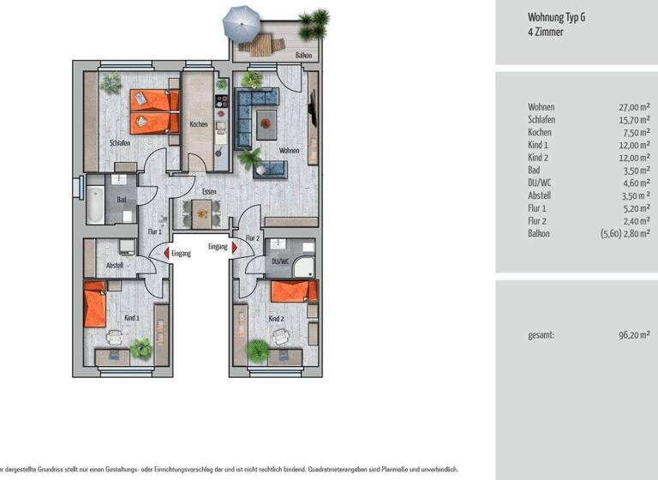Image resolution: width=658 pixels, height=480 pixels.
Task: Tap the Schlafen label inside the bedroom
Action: (120, 143)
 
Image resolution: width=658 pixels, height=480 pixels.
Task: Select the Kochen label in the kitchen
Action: (199, 124)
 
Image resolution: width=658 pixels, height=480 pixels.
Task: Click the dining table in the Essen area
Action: (200, 212)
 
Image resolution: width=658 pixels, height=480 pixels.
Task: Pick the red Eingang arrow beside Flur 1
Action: (155, 253)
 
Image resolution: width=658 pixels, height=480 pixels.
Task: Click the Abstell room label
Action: (114, 266)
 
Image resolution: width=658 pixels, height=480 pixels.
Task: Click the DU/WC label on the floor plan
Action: (280, 261)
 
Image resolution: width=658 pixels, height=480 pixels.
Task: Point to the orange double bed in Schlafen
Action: (154, 111)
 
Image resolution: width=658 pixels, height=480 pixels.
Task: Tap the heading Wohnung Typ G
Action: (556, 16)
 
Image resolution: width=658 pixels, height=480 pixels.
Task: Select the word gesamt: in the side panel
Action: (541, 335)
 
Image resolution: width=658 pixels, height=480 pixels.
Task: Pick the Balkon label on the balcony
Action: (303, 55)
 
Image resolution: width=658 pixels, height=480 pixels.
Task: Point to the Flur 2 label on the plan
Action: (253, 238)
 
